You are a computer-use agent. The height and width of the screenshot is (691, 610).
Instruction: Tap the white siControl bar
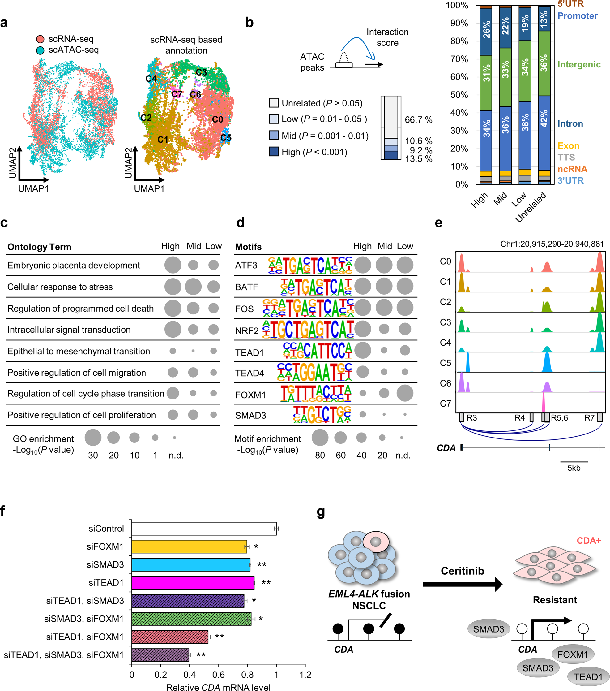(x=204, y=529)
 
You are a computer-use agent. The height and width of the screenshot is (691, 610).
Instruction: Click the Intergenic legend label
(x=578, y=64)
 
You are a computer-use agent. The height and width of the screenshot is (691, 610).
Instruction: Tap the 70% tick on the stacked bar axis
(x=459, y=59)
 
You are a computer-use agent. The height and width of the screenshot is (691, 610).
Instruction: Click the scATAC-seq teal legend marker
(x=40, y=50)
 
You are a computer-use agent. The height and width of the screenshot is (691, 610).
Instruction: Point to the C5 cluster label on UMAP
(x=226, y=138)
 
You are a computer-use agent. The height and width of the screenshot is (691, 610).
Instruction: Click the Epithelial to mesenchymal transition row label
(x=78, y=351)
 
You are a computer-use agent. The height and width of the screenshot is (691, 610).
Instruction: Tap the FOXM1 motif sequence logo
(x=315, y=393)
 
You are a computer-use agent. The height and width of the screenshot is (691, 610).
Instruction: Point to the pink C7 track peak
(x=543, y=402)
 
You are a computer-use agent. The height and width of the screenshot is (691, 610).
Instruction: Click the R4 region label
(x=519, y=417)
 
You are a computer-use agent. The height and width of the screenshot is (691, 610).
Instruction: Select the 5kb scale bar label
(x=574, y=468)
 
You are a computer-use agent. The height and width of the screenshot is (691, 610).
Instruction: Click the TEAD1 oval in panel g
(x=588, y=676)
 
